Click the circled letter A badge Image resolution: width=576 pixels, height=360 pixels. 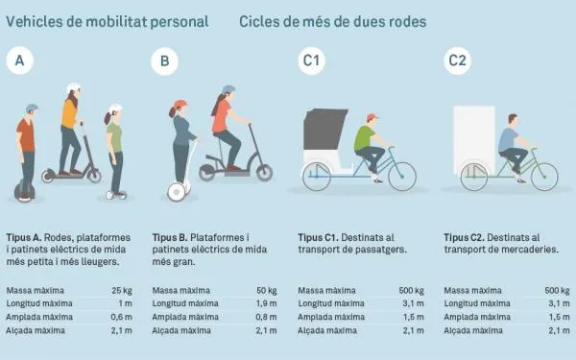pos(20,60)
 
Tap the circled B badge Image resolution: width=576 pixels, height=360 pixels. pos(164,61)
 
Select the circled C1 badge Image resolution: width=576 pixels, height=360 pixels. pos(311,61)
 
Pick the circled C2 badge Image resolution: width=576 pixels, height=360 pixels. pos(457,60)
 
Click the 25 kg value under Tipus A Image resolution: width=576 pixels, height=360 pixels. pos(122,291)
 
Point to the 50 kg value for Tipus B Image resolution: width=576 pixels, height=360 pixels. pos(267,291)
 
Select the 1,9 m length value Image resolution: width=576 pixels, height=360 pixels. pos(267,303)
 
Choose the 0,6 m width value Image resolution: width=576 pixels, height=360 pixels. pos(122,317)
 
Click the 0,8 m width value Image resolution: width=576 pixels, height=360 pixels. pos(267,317)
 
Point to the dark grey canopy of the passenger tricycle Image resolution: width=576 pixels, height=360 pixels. pos(324,129)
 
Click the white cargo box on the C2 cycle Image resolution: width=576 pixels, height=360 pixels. pos(474,139)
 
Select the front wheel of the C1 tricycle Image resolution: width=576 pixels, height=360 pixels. pos(402,177)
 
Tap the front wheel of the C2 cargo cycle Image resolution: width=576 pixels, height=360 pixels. pos(544,177)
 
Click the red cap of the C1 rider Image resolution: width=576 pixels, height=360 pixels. pos(372,117)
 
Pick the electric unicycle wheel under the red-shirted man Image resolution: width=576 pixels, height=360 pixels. pos(25,191)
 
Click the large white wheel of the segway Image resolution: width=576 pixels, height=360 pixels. pos(177,192)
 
